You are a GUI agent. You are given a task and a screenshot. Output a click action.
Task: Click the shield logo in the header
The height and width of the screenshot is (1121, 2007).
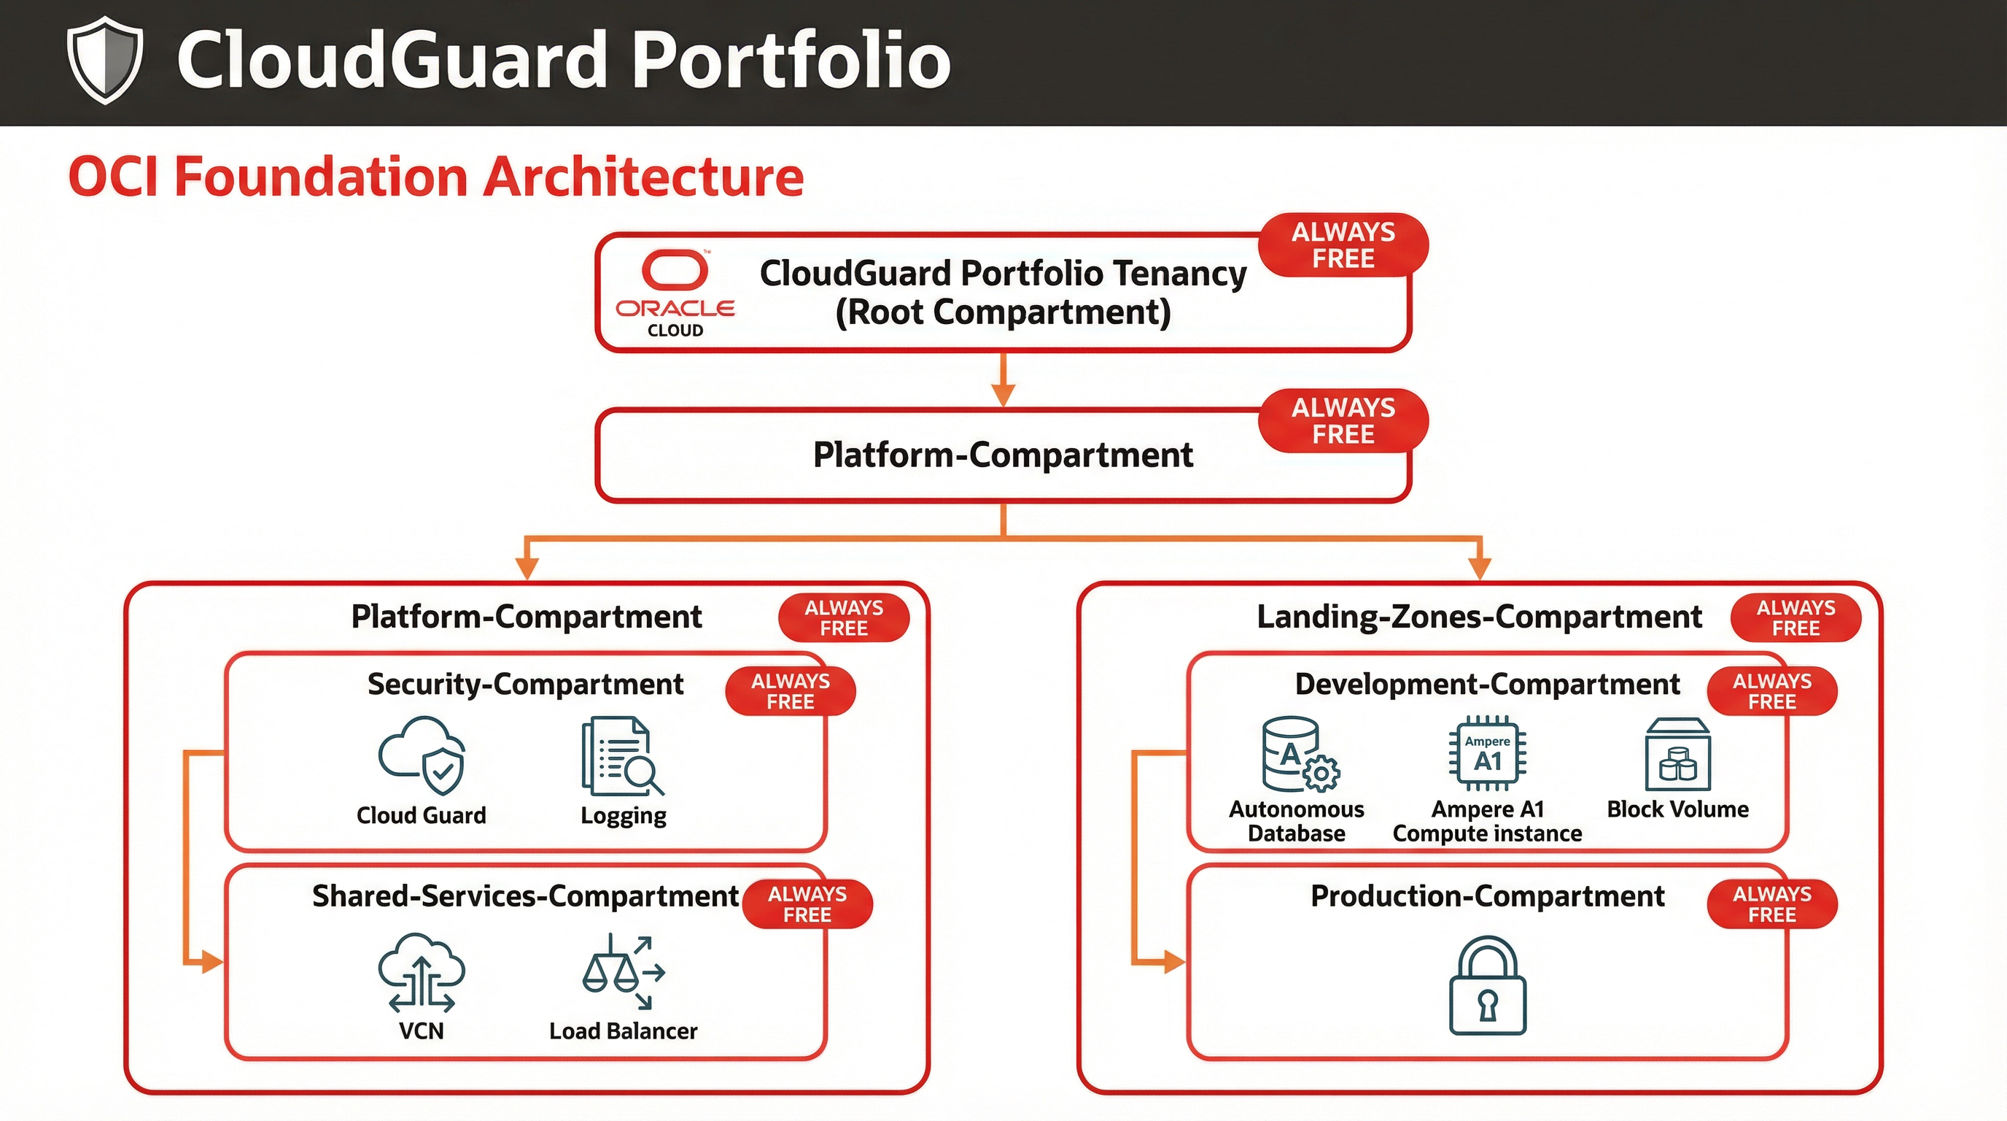pyautogui.click(x=104, y=60)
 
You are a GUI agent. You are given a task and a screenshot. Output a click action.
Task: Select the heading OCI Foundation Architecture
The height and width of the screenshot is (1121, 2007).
pyautogui.click(x=435, y=176)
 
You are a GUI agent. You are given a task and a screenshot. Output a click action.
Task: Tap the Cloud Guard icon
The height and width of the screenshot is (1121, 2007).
pyautogui.click(x=422, y=754)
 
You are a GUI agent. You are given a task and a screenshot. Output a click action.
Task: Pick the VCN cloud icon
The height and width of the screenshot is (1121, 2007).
pyautogui.click(x=422, y=971)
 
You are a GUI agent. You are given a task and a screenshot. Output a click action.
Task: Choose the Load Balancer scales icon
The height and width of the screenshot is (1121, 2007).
pyautogui.click(x=624, y=971)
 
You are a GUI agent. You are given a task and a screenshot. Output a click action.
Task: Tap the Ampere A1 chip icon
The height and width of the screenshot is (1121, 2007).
pyautogui.click(x=1487, y=754)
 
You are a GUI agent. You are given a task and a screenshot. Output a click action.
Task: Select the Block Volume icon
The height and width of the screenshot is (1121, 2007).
pyautogui.click(x=1677, y=754)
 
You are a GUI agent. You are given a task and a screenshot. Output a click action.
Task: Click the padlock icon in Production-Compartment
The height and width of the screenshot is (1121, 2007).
pyautogui.click(x=1487, y=985)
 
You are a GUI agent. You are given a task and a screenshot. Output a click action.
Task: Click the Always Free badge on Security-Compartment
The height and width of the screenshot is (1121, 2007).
pyautogui.click(x=790, y=690)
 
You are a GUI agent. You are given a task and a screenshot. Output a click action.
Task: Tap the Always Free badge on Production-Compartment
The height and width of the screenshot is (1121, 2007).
pyautogui.click(x=1771, y=904)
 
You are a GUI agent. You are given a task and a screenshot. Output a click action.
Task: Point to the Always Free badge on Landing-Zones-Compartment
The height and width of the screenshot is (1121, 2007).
pyautogui.click(x=1795, y=617)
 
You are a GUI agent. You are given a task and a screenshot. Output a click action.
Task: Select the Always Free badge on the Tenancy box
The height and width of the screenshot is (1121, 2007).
pyautogui.click(x=1343, y=244)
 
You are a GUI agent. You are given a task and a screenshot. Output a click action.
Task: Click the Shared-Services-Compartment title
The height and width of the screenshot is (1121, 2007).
pyautogui.click(x=525, y=895)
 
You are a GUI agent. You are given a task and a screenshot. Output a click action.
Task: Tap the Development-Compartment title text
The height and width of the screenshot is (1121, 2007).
pyautogui.click(x=1486, y=684)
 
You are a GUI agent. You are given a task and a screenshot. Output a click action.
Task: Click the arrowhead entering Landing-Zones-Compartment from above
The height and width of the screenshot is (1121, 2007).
pyautogui.click(x=1479, y=568)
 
